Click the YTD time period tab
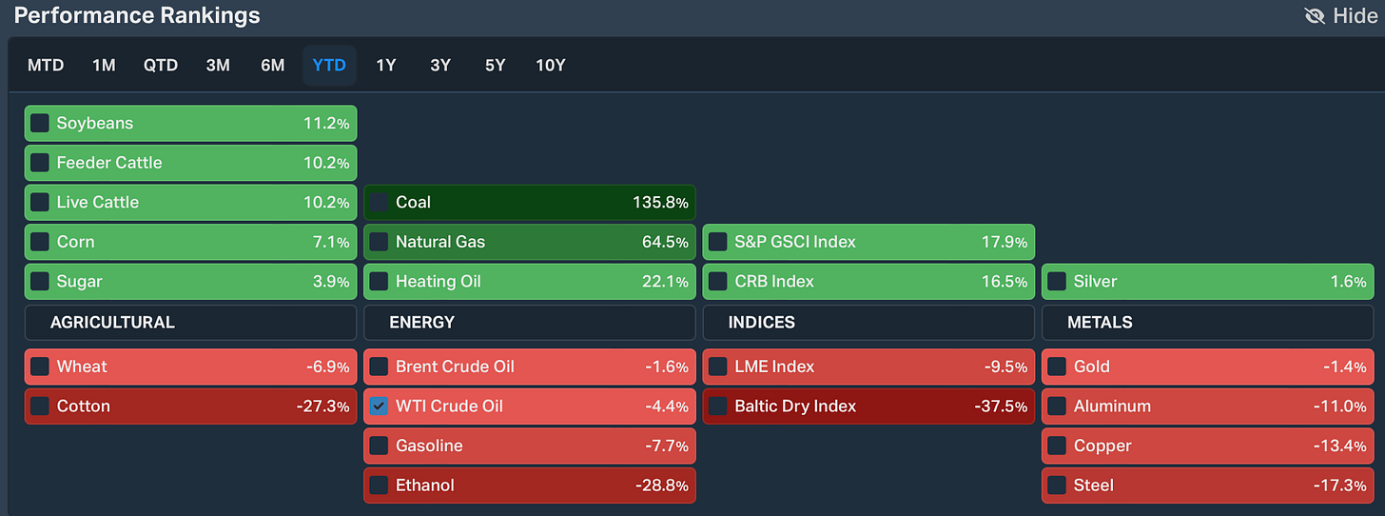(x=329, y=66)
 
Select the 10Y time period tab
(x=550, y=66)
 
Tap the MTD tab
(x=46, y=66)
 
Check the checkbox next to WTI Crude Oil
(x=379, y=407)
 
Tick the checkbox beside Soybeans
(x=40, y=124)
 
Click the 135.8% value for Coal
(x=660, y=203)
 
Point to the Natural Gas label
(x=439, y=242)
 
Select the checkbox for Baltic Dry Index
(x=718, y=407)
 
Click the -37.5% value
(x=1001, y=407)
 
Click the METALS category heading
(x=1100, y=323)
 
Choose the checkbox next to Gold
(x=1057, y=367)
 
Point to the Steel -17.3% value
(x=1341, y=486)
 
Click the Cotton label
(x=83, y=407)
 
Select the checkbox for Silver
(x=1057, y=282)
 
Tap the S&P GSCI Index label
(x=794, y=242)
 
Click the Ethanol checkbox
(x=379, y=486)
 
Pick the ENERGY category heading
(x=421, y=323)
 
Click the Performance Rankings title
(x=137, y=15)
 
